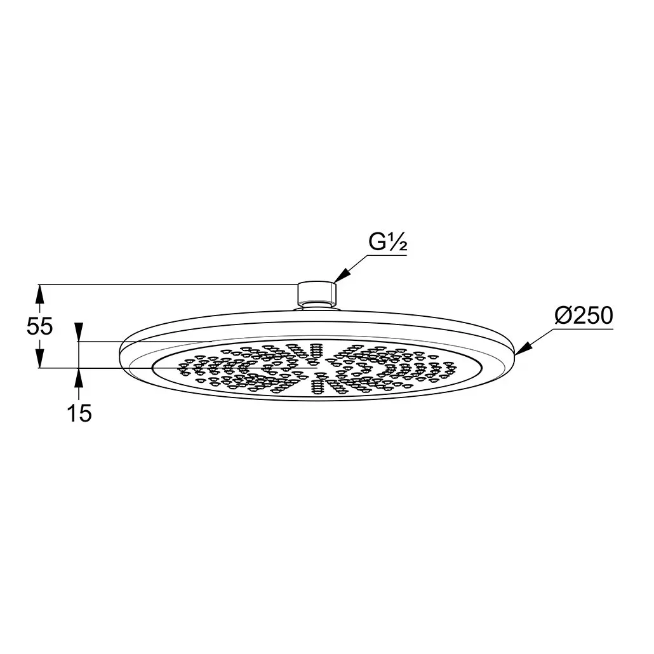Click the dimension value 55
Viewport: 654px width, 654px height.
point(39,326)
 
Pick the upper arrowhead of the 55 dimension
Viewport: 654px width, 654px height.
point(39,293)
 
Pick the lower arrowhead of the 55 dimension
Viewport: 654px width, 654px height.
point(39,359)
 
